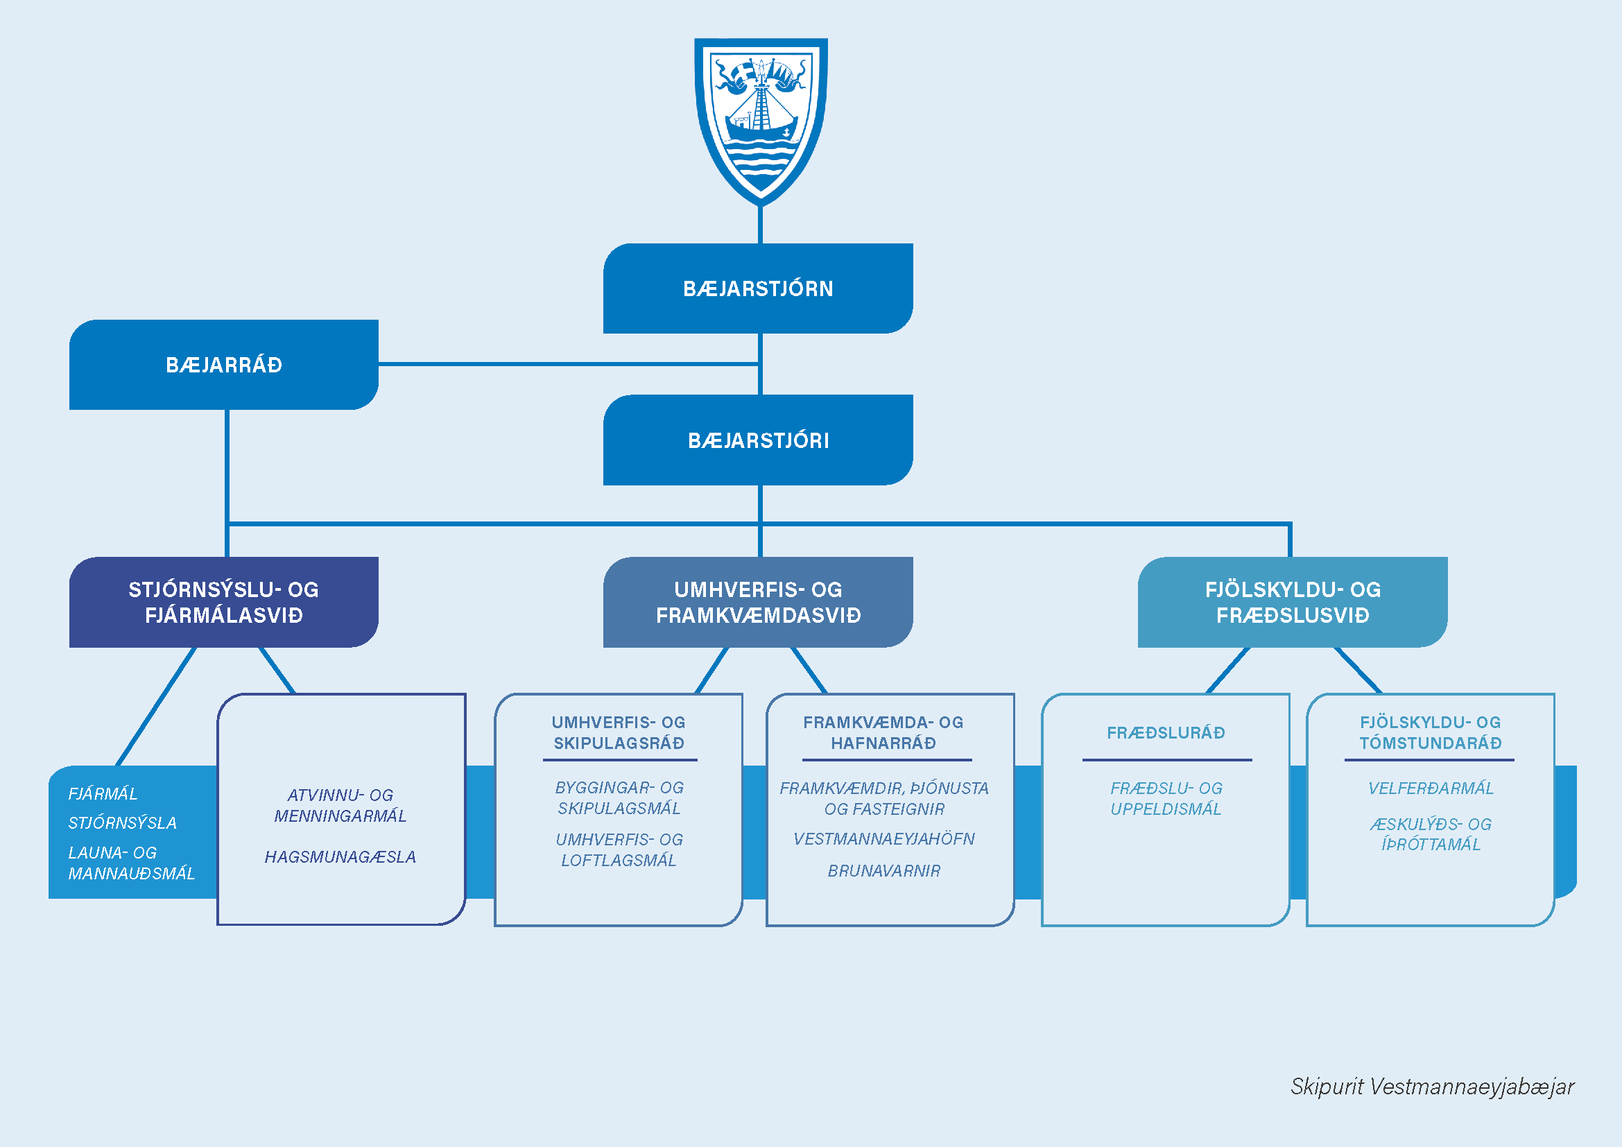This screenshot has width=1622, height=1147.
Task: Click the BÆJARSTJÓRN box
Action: pyautogui.click(x=757, y=288)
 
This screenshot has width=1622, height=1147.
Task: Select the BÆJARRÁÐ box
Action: pyautogui.click(x=223, y=365)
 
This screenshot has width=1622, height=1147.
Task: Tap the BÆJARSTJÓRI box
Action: pyautogui.click(x=757, y=440)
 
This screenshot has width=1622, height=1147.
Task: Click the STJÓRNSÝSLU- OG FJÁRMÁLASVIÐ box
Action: pyautogui.click(x=223, y=602)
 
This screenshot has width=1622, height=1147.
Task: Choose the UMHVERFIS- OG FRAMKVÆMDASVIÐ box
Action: pyautogui.click(x=757, y=602)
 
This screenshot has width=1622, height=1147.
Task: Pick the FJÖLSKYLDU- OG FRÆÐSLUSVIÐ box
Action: pyautogui.click(x=1292, y=602)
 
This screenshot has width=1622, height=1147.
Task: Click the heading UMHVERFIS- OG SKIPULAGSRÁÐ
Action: pyautogui.click(x=619, y=732)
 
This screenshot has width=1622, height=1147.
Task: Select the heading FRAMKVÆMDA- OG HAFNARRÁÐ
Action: pyautogui.click(x=883, y=732)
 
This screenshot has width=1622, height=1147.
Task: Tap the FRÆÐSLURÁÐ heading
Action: pyautogui.click(x=1166, y=732)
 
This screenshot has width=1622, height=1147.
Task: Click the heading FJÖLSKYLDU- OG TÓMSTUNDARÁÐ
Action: pyautogui.click(x=1430, y=732)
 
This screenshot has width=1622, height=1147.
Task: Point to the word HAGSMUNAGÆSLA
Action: pyautogui.click(x=340, y=856)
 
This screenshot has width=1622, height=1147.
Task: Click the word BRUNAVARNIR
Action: pyautogui.click(x=883, y=871)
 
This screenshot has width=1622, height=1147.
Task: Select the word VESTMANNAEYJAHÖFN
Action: pyautogui.click(x=883, y=838)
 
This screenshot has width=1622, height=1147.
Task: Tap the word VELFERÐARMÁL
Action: pyautogui.click(x=1431, y=788)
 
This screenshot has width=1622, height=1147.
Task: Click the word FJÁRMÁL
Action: pyautogui.click(x=103, y=794)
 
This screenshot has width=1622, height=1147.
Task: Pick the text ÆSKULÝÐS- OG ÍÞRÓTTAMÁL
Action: pyautogui.click(x=1431, y=834)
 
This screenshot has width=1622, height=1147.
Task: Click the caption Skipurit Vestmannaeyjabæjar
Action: pyautogui.click(x=1432, y=1086)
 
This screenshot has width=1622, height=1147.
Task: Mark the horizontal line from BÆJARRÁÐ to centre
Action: pyautogui.click(x=565, y=365)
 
